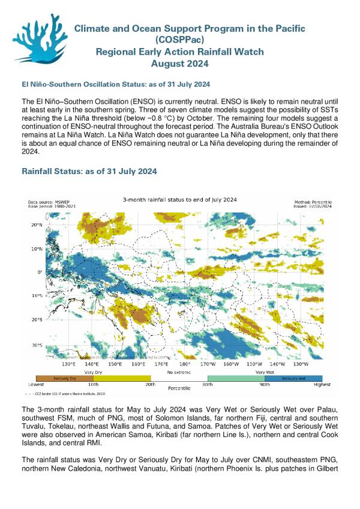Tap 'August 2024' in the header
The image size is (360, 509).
pos(180,63)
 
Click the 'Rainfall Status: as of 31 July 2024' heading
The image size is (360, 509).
pos(89,171)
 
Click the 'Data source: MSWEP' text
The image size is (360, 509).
pos(49,202)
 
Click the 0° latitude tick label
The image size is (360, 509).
pos(39,272)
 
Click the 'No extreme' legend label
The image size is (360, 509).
pos(179,373)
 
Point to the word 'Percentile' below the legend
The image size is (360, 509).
pos(179,389)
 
